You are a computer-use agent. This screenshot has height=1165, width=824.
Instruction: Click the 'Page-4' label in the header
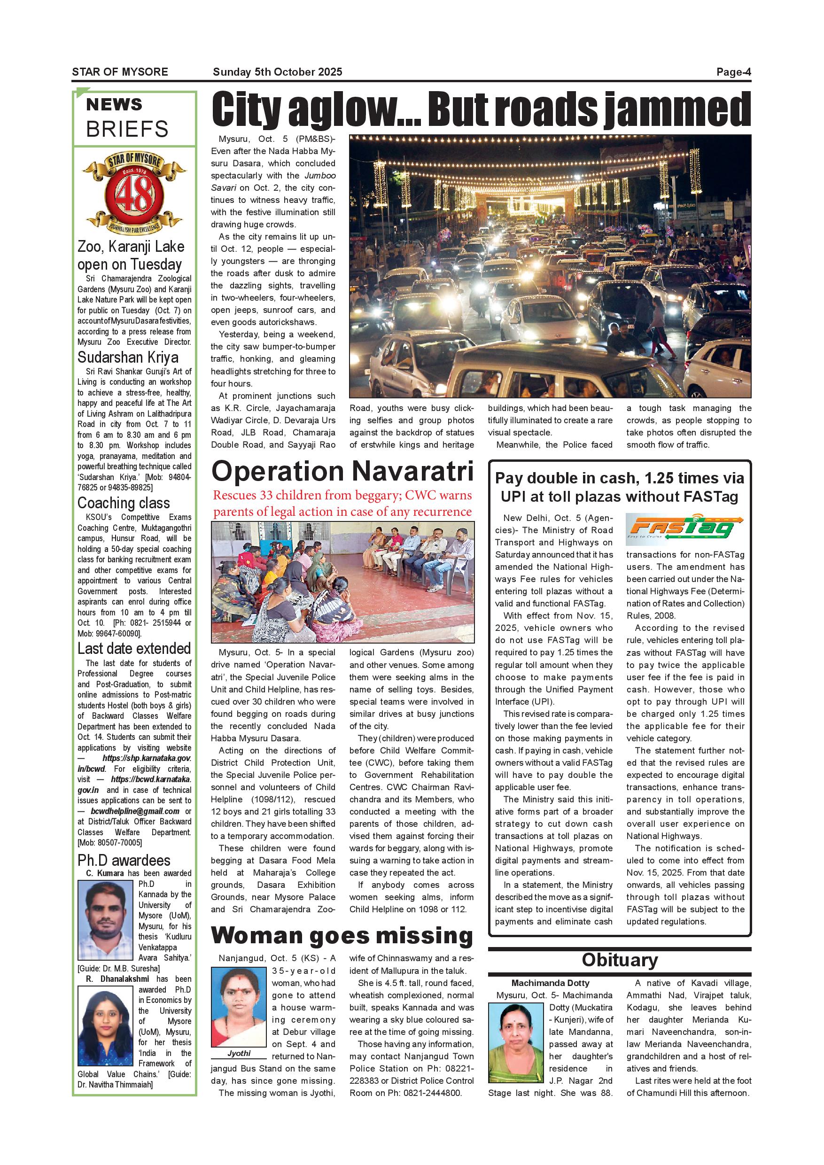point(733,72)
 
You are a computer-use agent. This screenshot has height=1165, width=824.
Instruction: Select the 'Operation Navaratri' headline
point(342,471)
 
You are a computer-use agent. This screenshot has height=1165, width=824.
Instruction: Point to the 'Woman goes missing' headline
point(342,935)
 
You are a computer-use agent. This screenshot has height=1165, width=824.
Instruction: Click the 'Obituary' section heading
point(620,960)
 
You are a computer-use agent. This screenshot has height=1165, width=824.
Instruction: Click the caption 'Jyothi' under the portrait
point(239,1053)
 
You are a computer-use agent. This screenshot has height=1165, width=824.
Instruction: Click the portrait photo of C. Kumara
point(105,919)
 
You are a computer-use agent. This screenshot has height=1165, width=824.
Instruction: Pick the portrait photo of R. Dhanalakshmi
point(105,1025)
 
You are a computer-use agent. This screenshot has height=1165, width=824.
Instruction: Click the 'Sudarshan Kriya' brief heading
point(128,357)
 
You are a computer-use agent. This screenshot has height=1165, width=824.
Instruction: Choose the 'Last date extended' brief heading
point(134,648)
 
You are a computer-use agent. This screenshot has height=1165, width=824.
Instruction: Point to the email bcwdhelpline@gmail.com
point(135,811)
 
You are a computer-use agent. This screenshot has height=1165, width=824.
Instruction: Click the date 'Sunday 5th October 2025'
point(278,72)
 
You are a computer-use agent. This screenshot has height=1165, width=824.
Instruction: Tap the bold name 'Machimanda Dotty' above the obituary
point(550,983)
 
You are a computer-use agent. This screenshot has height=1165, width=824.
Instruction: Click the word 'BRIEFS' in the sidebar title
point(127,129)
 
